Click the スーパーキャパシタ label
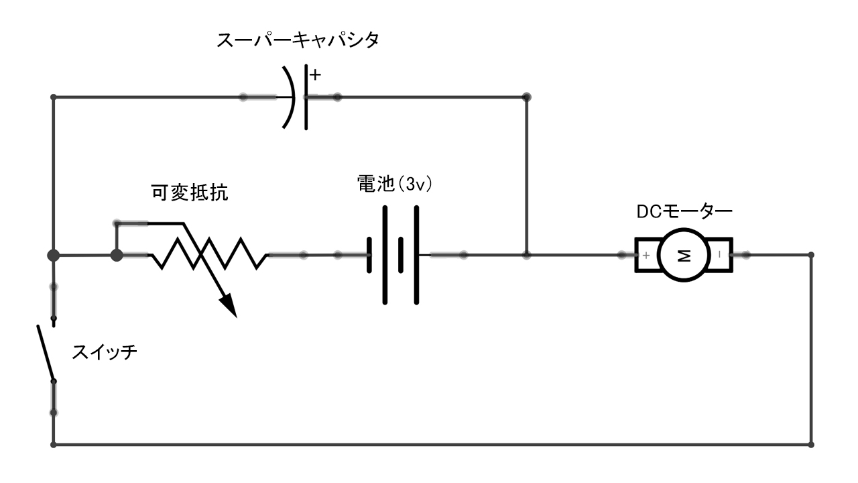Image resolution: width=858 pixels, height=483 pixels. pyautogui.click(x=298, y=41)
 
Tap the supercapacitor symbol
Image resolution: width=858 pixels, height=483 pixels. pyautogui.click(x=299, y=97)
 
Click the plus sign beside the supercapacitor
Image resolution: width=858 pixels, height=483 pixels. pyautogui.click(x=315, y=75)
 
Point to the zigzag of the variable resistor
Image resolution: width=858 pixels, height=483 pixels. pyautogui.click(x=208, y=255)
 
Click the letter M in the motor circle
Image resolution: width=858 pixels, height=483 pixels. pyautogui.click(x=684, y=256)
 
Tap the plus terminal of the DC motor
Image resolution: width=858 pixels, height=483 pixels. pyautogui.click(x=646, y=256)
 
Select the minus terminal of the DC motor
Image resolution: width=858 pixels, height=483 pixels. pyautogui.click(x=721, y=256)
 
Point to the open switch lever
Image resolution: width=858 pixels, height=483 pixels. pyautogui.click(x=46, y=353)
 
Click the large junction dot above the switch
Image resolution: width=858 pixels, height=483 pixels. pyautogui.click(x=54, y=256)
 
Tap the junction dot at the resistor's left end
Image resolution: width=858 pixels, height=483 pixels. pyautogui.click(x=117, y=256)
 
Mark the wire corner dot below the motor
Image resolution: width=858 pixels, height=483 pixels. pyautogui.click(x=812, y=444)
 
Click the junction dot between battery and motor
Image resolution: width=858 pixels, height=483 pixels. pyautogui.click(x=527, y=256)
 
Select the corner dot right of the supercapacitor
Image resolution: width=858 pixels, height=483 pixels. pyautogui.click(x=527, y=97)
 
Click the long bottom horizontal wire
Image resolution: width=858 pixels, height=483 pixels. pyautogui.click(x=429, y=444)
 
